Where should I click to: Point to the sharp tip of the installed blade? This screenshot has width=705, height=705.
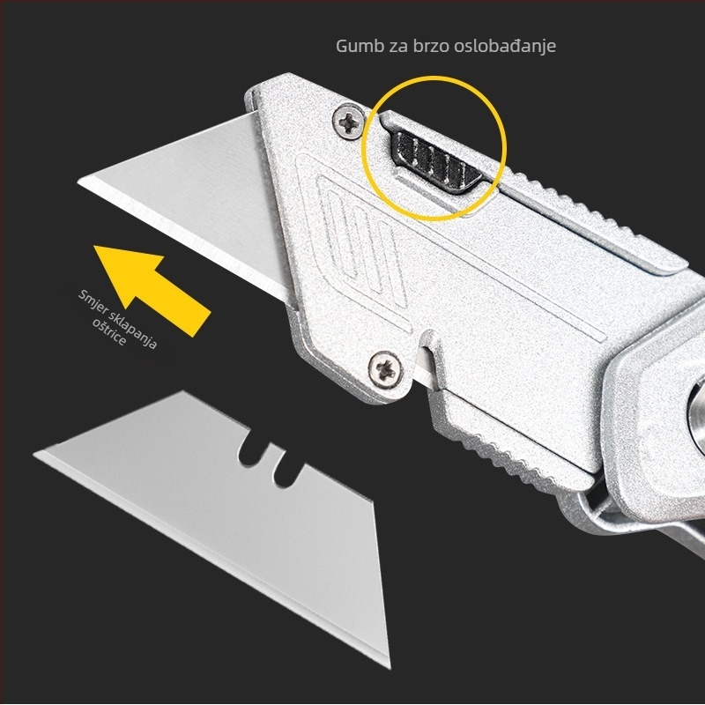tap(82, 182)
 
